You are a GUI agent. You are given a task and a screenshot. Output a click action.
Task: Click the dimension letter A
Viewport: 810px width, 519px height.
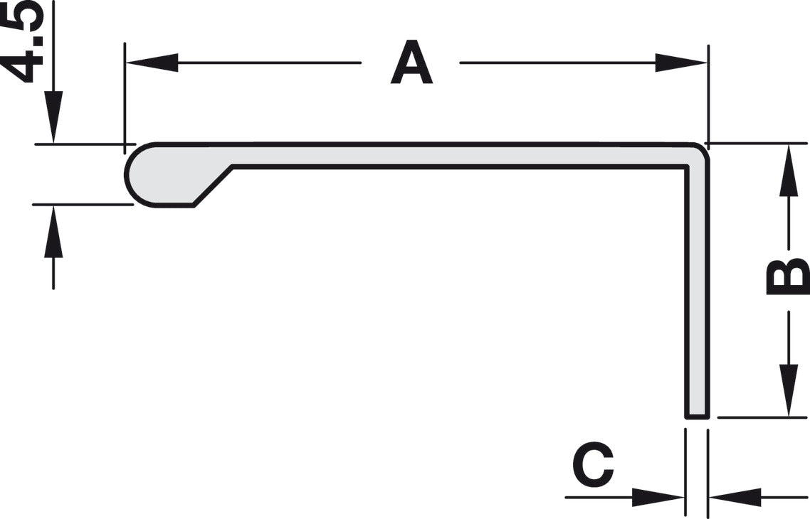pyautogui.click(x=411, y=63)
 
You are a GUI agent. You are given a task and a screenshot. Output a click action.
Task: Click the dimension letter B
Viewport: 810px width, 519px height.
pyautogui.click(x=788, y=277)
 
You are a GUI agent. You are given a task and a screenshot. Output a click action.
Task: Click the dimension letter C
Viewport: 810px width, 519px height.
pyautogui.click(x=593, y=464)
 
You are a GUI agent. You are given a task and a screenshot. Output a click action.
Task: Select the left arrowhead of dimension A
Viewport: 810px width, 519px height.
pyautogui.click(x=152, y=63)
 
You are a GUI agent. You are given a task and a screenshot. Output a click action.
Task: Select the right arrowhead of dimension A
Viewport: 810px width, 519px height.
pyautogui.click(x=681, y=63)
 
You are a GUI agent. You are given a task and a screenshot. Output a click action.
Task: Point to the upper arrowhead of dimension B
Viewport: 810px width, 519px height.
pyautogui.click(x=789, y=170)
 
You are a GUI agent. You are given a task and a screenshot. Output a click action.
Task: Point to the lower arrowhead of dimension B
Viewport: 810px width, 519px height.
pyautogui.click(x=789, y=390)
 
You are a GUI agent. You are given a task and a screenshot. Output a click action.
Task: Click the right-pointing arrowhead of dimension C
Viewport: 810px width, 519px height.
pyautogui.click(x=658, y=498)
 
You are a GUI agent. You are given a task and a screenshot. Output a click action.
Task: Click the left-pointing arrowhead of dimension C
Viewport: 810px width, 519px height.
pyautogui.click(x=735, y=498)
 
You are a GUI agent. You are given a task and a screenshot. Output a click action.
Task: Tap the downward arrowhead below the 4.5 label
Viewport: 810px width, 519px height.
pyautogui.click(x=53, y=117)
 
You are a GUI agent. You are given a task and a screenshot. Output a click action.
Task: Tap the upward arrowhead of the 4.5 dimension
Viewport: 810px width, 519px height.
pyautogui.click(x=53, y=231)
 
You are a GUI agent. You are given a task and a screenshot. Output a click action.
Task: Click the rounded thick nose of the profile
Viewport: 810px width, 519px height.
pyautogui.click(x=142, y=175)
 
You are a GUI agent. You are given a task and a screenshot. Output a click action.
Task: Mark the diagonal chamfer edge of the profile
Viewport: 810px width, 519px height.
pyautogui.click(x=213, y=186)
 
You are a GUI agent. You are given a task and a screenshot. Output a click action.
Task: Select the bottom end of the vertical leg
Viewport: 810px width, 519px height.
pyautogui.click(x=698, y=417)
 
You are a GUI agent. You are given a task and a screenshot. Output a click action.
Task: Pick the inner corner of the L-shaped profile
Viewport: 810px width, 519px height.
pyautogui.click(x=686, y=166)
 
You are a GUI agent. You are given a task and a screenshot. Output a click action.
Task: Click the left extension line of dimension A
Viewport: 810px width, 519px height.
pyautogui.click(x=125, y=98)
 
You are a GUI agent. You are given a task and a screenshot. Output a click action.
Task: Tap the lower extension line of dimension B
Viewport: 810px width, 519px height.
pyautogui.click(x=762, y=417)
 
